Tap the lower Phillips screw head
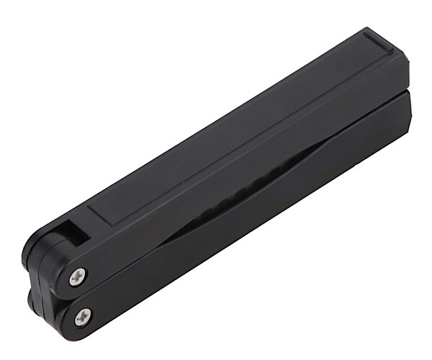point(83,314)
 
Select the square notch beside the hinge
point(71,232)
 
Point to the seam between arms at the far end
point(400,92)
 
